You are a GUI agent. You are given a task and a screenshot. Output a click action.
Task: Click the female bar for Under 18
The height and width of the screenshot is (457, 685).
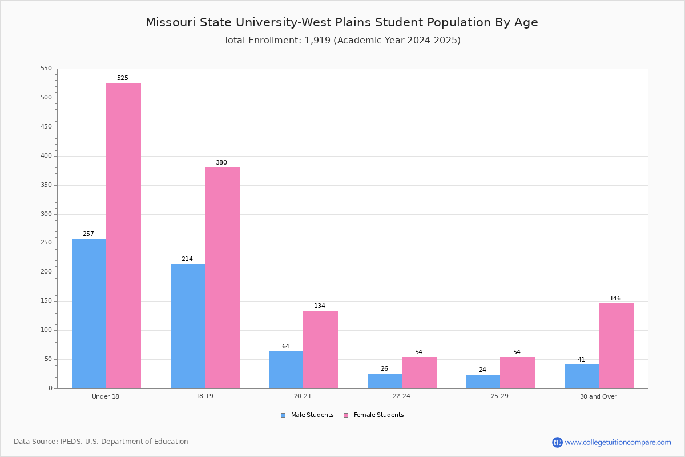click(123, 235)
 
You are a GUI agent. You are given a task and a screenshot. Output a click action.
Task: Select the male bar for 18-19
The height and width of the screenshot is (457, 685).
click(188, 326)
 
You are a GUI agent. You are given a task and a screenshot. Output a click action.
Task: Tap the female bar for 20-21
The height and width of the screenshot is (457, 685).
click(320, 350)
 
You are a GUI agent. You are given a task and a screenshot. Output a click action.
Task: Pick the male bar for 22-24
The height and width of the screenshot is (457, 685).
click(385, 381)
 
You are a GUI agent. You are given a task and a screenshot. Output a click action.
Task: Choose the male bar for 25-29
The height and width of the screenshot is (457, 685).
click(483, 382)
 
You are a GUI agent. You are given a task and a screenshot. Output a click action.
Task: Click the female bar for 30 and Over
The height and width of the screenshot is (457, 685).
click(616, 346)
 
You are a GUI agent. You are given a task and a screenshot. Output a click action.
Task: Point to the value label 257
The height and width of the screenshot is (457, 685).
click(88, 234)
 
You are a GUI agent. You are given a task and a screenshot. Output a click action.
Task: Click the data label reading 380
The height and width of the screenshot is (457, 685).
click(221, 163)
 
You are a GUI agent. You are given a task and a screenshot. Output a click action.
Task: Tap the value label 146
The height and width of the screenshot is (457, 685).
click(615, 299)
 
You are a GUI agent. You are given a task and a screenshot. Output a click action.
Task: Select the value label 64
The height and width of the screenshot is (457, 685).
click(285, 347)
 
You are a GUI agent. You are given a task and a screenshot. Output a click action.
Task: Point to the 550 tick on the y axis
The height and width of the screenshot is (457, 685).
click(46, 69)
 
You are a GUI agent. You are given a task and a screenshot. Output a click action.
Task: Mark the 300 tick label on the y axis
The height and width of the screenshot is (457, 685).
click(46, 214)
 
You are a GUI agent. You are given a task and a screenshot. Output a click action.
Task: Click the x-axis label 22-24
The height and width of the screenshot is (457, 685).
click(401, 396)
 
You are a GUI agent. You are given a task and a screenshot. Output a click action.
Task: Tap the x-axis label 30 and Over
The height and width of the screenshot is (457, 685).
click(598, 396)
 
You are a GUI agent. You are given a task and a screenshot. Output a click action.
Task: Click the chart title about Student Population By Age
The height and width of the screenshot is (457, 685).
click(342, 22)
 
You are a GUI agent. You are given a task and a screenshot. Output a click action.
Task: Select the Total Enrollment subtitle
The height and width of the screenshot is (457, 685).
click(342, 41)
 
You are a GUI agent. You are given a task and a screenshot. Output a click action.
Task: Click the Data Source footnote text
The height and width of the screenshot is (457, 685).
click(101, 442)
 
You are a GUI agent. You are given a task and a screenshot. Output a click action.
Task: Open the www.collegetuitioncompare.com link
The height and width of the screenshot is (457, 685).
click(618, 442)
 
